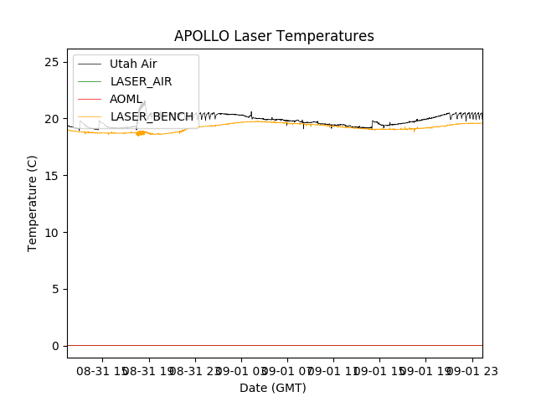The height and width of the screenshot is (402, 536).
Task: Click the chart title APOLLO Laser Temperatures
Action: click(x=274, y=36)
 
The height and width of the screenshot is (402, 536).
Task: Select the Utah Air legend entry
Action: click(x=133, y=64)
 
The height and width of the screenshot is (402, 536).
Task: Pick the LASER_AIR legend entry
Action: click(x=141, y=81)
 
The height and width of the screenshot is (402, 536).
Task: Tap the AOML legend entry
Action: click(x=126, y=99)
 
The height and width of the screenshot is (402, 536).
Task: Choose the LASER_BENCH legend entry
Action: click(x=152, y=116)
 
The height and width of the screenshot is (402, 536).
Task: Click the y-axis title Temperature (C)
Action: click(x=33, y=203)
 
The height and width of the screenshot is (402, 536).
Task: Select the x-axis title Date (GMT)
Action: click(x=273, y=388)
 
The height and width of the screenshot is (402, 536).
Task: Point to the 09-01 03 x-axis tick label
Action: click(x=240, y=369)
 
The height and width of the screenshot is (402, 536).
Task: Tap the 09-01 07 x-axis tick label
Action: click(x=286, y=369)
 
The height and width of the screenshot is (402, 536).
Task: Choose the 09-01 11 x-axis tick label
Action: click(x=332, y=369)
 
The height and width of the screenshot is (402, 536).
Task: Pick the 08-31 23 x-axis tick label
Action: click(x=194, y=369)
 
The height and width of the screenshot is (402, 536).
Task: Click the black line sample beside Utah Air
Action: click(x=90, y=64)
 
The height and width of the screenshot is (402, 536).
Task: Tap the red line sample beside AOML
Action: click(x=90, y=99)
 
